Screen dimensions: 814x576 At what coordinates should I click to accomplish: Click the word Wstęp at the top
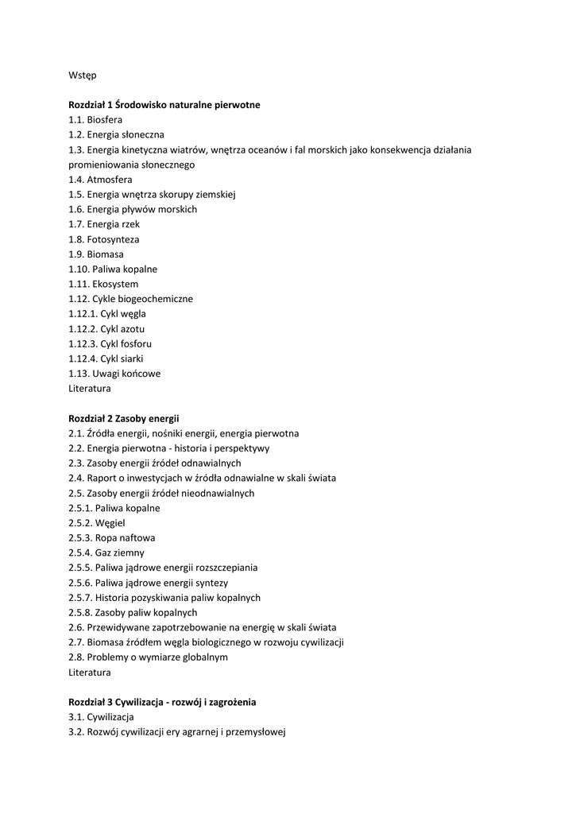point(82,75)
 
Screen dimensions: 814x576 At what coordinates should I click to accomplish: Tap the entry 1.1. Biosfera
point(95,119)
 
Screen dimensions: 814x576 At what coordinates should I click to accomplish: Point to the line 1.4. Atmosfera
point(100,180)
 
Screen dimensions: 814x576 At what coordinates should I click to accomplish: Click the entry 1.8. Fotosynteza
point(103,239)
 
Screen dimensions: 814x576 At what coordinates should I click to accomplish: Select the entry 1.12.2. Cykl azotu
point(106,329)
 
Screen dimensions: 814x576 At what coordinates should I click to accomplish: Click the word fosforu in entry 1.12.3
point(135,344)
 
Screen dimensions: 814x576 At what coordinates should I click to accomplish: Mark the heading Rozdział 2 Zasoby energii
point(124,418)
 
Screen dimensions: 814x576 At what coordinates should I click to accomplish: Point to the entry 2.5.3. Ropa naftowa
point(111,538)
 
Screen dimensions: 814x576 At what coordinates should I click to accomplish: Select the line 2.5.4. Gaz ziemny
point(108,553)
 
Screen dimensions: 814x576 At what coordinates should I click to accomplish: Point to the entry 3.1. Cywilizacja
point(101,717)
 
